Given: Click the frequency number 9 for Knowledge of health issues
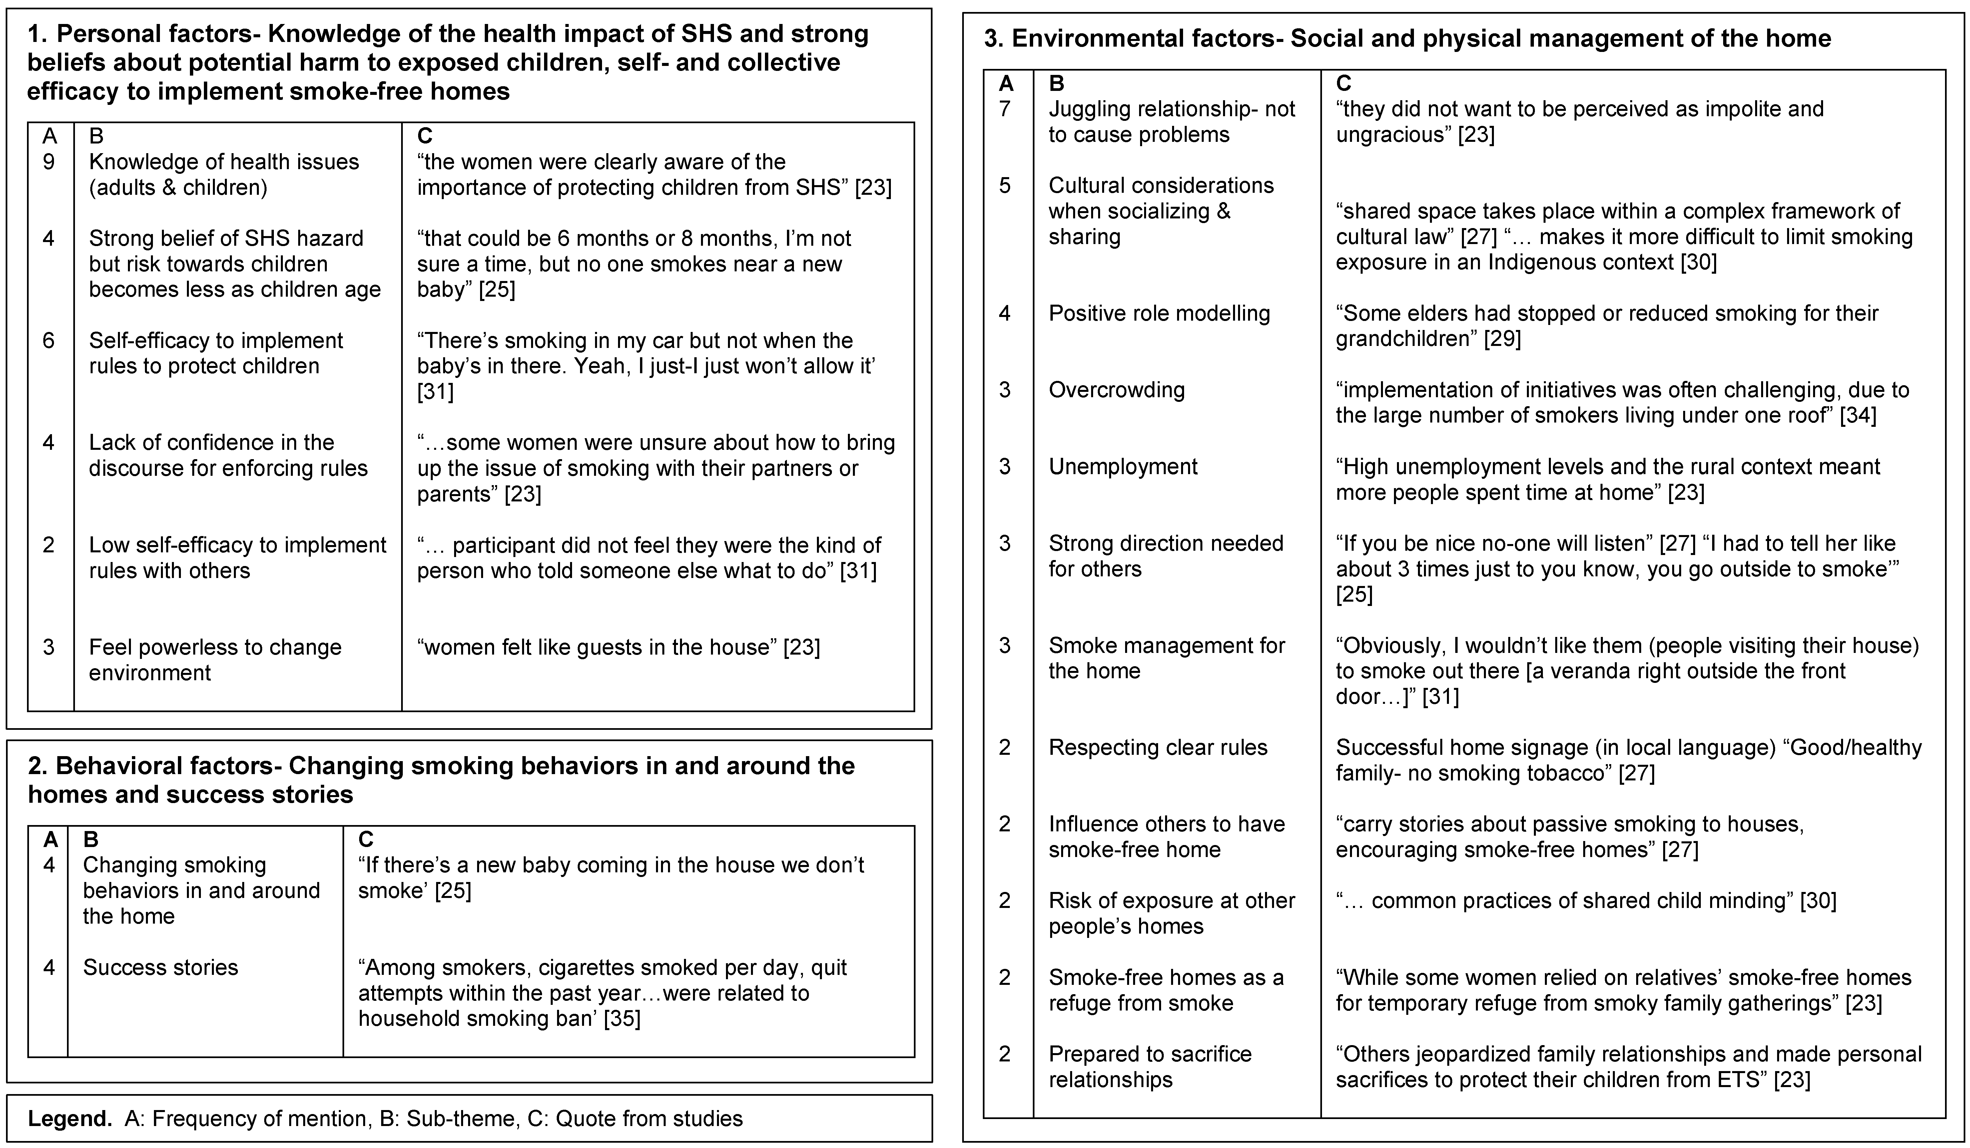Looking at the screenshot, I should [x=48, y=162].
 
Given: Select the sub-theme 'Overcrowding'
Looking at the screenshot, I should [x=1116, y=390].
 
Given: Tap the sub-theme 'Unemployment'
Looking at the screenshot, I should [x=1122, y=466].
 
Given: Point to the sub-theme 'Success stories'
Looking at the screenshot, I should [x=160, y=968].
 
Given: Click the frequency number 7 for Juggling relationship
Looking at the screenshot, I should [x=1005, y=109].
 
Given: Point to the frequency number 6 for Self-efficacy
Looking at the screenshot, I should [x=48, y=341].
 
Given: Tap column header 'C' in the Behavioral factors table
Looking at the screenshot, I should [x=366, y=839].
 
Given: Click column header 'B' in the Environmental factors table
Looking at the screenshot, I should [x=1056, y=83].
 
